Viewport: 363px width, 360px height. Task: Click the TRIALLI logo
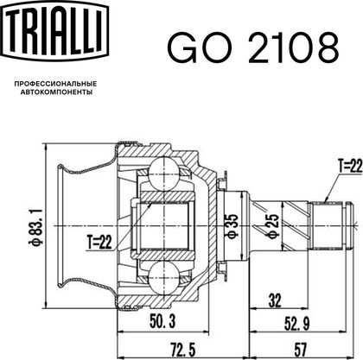55,31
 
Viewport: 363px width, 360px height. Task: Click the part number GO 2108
253,47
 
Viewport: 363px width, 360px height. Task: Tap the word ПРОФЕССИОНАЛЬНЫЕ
55,84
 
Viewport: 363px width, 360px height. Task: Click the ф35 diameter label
232,226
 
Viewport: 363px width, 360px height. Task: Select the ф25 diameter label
273,226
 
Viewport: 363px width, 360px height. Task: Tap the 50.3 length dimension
162,321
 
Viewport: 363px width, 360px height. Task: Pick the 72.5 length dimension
181,350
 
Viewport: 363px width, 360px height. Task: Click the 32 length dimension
274,301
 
